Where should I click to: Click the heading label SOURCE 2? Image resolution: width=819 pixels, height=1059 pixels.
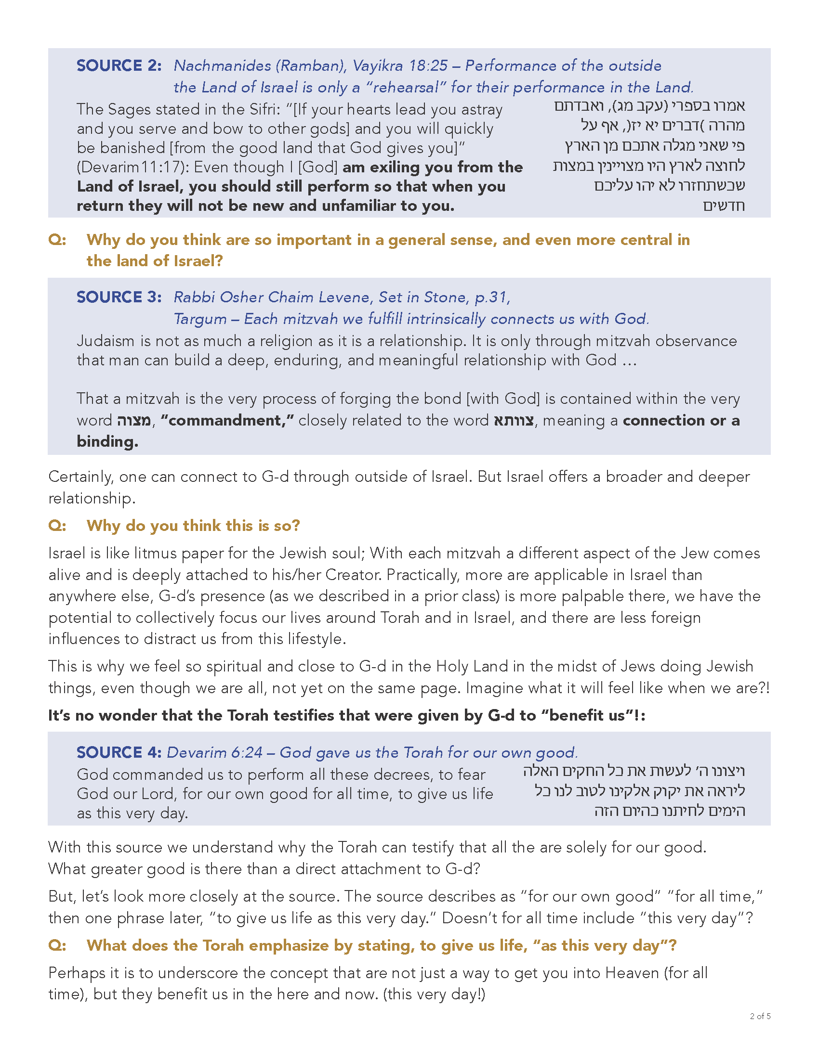119,65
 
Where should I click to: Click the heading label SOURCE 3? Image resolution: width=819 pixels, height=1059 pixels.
119,297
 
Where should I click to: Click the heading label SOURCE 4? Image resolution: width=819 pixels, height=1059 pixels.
119,752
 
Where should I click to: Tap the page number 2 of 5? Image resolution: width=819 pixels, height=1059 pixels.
760,1016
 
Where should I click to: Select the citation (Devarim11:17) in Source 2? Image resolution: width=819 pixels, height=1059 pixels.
132,168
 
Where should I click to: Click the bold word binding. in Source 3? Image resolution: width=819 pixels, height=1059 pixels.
107,441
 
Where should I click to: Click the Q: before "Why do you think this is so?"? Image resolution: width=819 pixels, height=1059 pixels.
57,526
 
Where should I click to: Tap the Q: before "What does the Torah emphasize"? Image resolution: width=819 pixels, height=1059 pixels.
57,945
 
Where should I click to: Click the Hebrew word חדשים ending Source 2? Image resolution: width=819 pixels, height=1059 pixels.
724,206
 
